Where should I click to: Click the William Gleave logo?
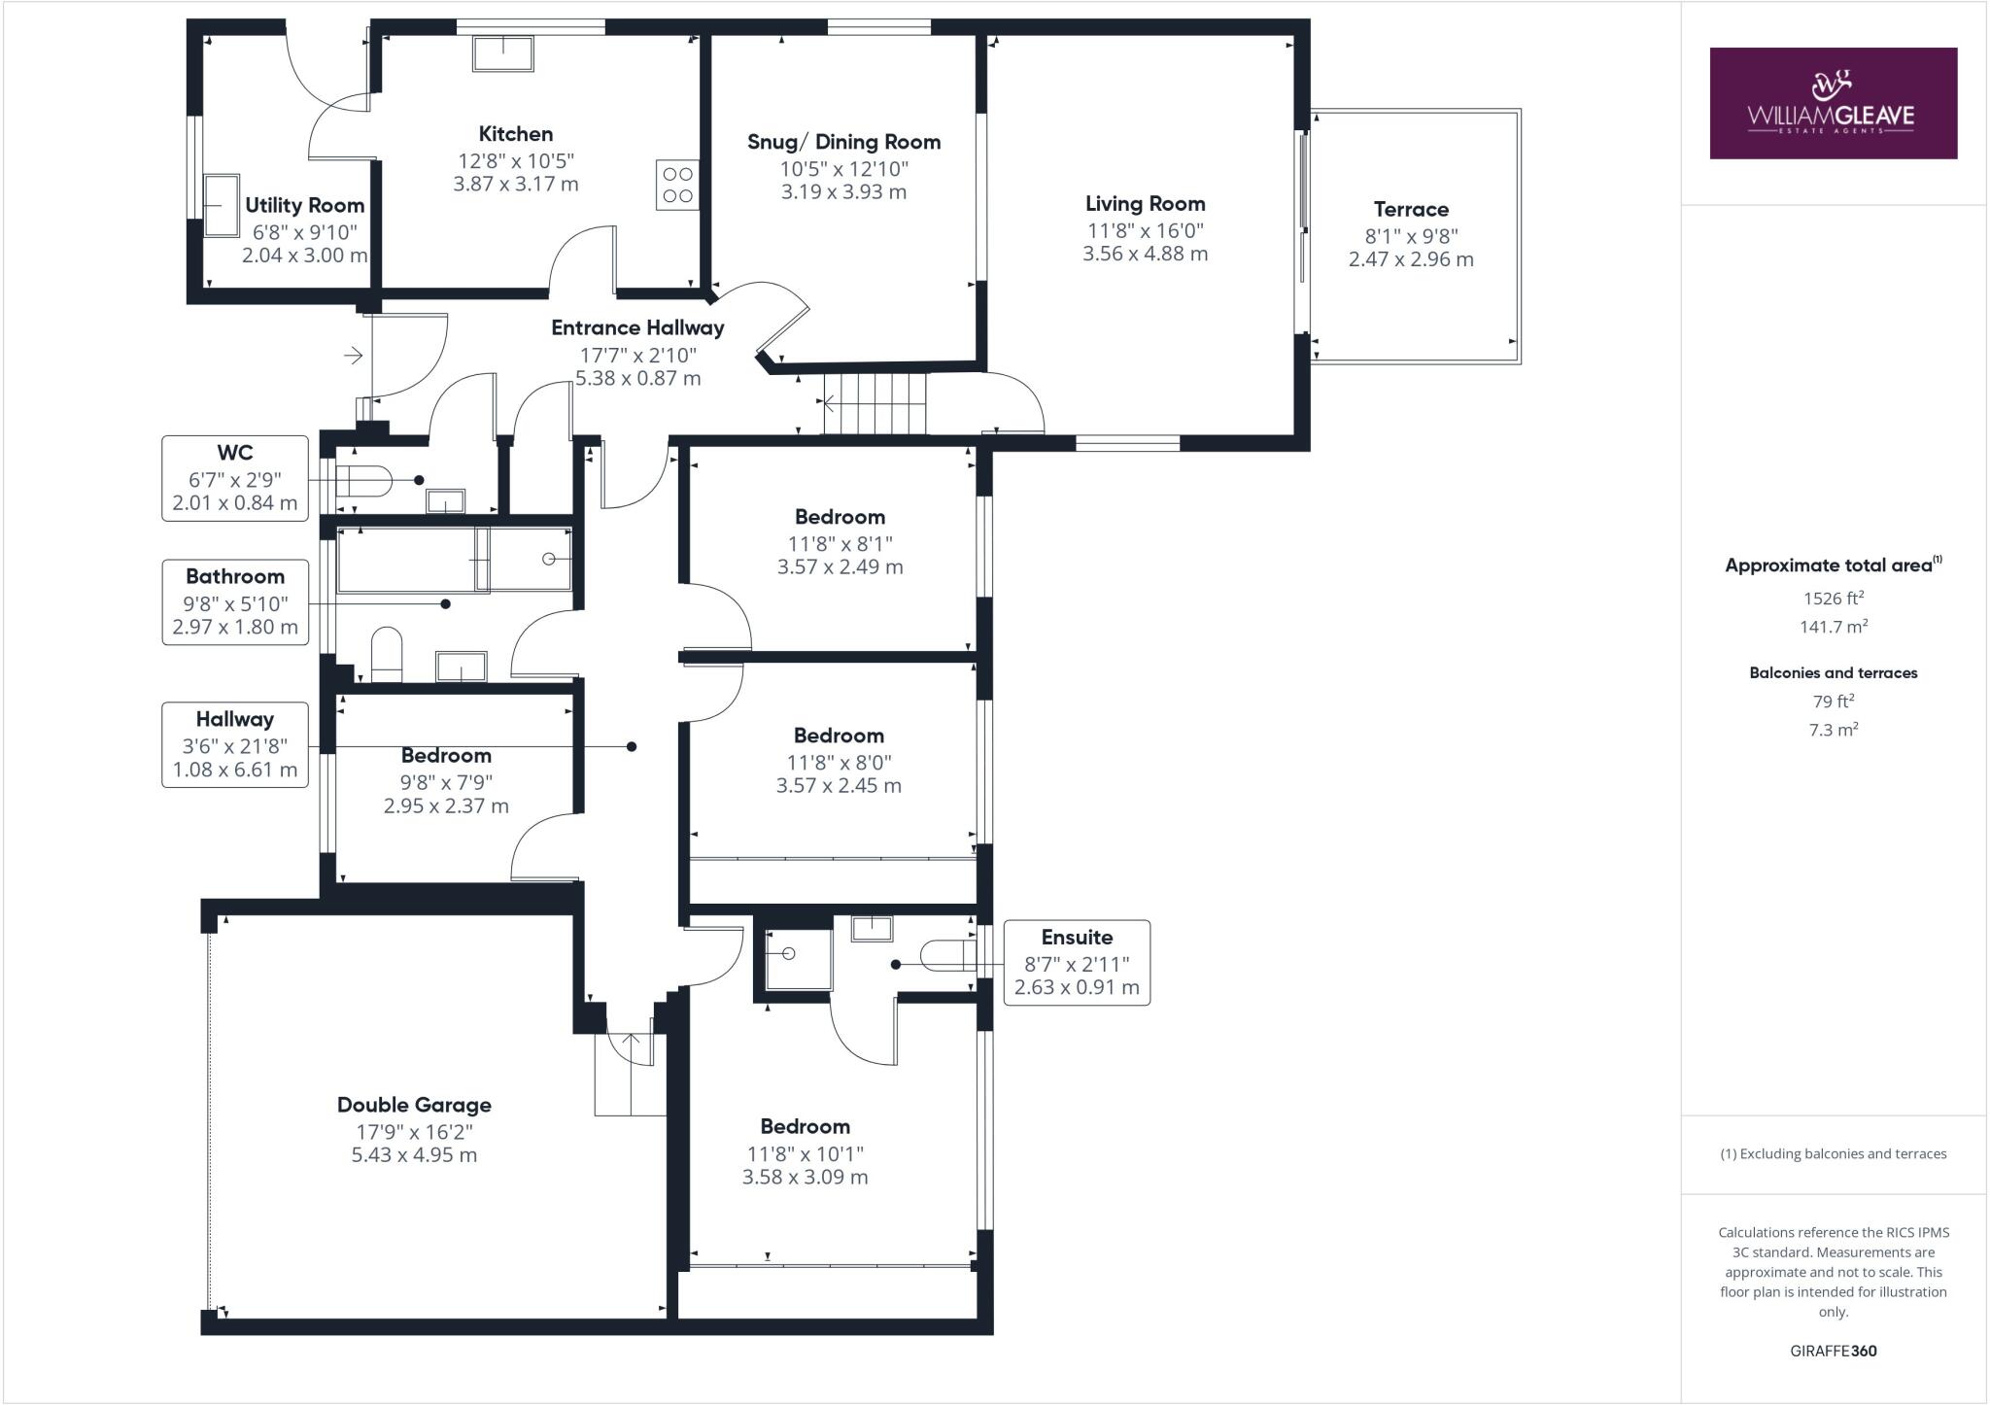tap(1833, 103)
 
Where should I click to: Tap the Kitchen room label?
tap(515, 134)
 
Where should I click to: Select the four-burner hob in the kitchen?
tap(677, 185)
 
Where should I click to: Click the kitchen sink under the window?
tap(502, 53)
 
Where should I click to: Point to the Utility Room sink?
tap(222, 205)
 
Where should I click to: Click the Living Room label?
tap(1145, 204)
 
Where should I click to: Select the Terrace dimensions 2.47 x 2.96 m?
tap(1410, 259)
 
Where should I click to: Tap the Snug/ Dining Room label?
tap(843, 142)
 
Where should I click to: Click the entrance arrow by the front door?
tap(353, 356)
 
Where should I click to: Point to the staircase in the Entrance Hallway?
tap(875, 402)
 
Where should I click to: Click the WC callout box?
tap(235, 478)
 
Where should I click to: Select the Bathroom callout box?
tap(235, 601)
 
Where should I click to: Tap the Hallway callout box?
tap(235, 745)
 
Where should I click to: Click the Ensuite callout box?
tap(1077, 963)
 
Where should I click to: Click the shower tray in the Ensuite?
tap(799, 959)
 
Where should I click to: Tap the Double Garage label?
tap(414, 1105)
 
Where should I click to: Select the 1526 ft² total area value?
tap(1833, 599)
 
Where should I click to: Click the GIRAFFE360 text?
tap(1833, 1351)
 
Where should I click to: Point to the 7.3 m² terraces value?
tap(1833, 730)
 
